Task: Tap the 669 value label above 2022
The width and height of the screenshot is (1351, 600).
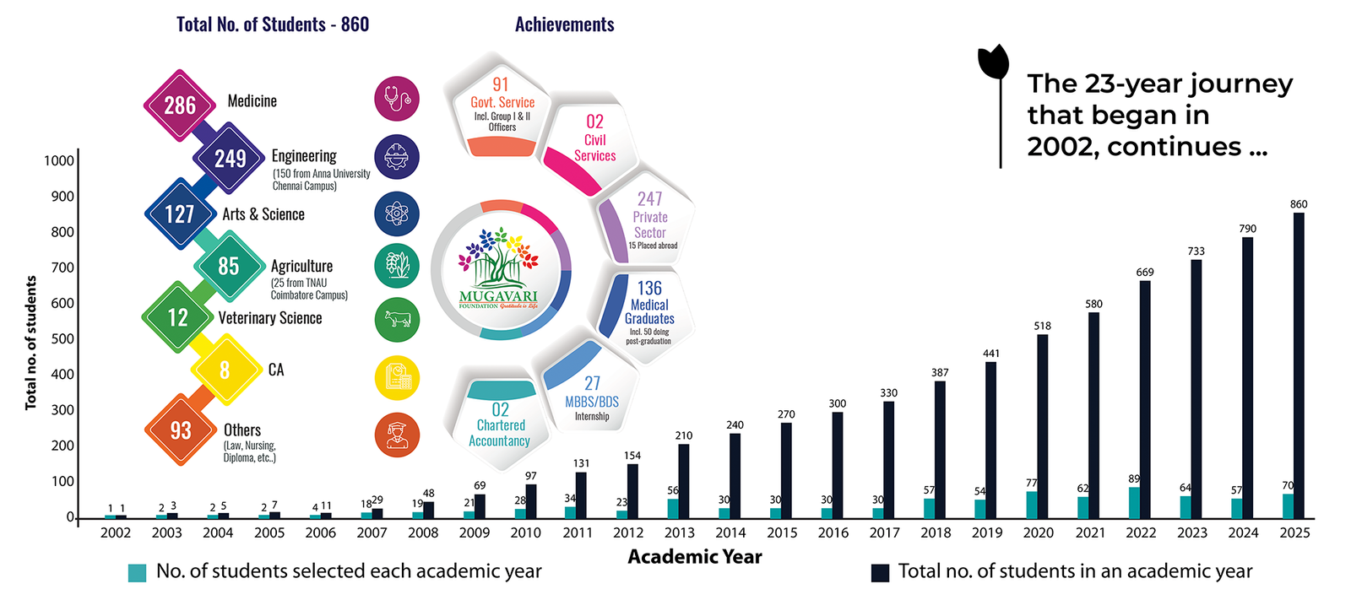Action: tap(1145, 273)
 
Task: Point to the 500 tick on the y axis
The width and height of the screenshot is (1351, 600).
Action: tap(62, 339)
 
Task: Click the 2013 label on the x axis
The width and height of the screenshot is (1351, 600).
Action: tap(679, 533)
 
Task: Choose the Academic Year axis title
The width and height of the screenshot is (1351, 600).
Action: tap(694, 557)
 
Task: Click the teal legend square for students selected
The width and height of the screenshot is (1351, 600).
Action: tap(137, 573)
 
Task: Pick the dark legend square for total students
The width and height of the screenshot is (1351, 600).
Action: tap(880, 573)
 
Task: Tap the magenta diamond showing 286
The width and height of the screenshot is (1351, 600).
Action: tap(180, 105)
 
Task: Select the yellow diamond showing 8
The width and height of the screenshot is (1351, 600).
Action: tap(225, 370)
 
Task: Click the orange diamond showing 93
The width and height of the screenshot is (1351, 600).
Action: tap(181, 430)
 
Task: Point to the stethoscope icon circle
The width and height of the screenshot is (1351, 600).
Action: tap(397, 99)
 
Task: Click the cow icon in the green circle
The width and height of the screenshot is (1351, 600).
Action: tap(397, 320)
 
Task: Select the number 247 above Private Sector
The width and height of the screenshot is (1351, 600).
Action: tap(649, 199)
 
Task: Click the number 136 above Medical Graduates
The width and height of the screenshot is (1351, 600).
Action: tap(649, 289)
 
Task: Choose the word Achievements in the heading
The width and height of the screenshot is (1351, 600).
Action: tap(564, 24)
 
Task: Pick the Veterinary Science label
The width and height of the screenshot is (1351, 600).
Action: tap(270, 318)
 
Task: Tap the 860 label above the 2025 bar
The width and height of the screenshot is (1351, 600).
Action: tap(1299, 204)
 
